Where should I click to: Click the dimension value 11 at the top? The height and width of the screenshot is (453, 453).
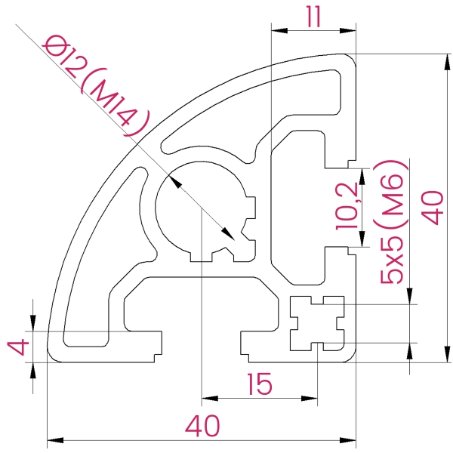(x=313, y=16)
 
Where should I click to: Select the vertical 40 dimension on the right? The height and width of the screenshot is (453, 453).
(x=433, y=207)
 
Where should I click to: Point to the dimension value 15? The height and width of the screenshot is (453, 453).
(x=259, y=386)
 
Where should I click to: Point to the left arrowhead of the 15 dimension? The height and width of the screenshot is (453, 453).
(x=206, y=398)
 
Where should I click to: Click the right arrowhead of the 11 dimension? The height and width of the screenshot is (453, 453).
(x=351, y=31)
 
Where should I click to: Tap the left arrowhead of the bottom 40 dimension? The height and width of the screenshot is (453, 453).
(x=53, y=439)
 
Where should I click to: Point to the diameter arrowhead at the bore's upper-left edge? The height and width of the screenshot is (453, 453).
(x=173, y=181)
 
